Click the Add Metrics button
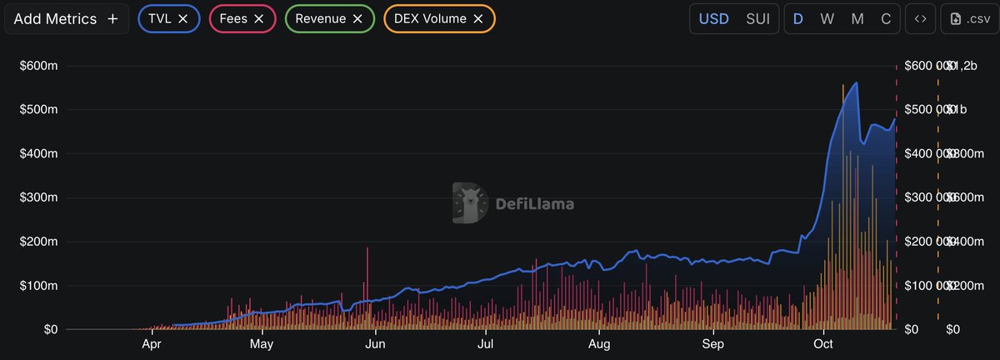pyautogui.click(x=67, y=18)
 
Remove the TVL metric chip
pyautogui.click(x=182, y=18)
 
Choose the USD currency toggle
pyautogui.click(x=713, y=18)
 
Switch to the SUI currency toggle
pyautogui.click(x=757, y=18)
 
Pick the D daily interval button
pyautogui.click(x=797, y=18)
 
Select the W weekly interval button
pyautogui.click(x=827, y=18)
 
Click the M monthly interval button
pyautogui.click(x=857, y=18)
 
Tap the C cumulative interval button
pyautogui.click(x=886, y=18)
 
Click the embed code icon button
pyautogui.click(x=920, y=18)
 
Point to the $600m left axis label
pyautogui.click(x=37, y=66)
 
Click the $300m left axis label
pyautogui.click(x=37, y=197)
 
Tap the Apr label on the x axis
pyautogui.click(x=151, y=343)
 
